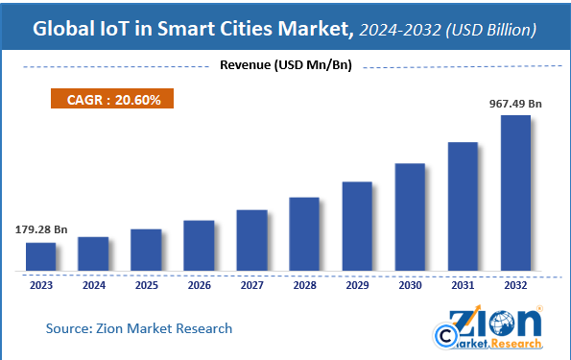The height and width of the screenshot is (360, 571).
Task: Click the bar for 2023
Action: (x=40, y=256)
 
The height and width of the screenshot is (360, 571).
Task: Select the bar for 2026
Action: (x=199, y=245)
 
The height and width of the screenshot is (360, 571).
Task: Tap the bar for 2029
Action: (x=357, y=226)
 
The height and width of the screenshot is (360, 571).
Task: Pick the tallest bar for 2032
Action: (x=515, y=193)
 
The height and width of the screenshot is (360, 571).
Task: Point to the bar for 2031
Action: (x=463, y=206)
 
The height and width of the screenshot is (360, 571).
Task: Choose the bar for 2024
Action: (x=93, y=253)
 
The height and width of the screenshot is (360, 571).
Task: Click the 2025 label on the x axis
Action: (x=146, y=284)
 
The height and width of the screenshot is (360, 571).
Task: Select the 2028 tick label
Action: (x=304, y=284)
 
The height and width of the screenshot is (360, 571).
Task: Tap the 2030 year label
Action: (x=410, y=284)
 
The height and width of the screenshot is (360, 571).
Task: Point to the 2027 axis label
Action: (x=251, y=284)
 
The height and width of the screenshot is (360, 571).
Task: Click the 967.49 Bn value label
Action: (x=515, y=103)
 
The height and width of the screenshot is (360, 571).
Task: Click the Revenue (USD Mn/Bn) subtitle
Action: (x=285, y=66)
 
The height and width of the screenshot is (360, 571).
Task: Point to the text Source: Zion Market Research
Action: (x=139, y=328)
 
